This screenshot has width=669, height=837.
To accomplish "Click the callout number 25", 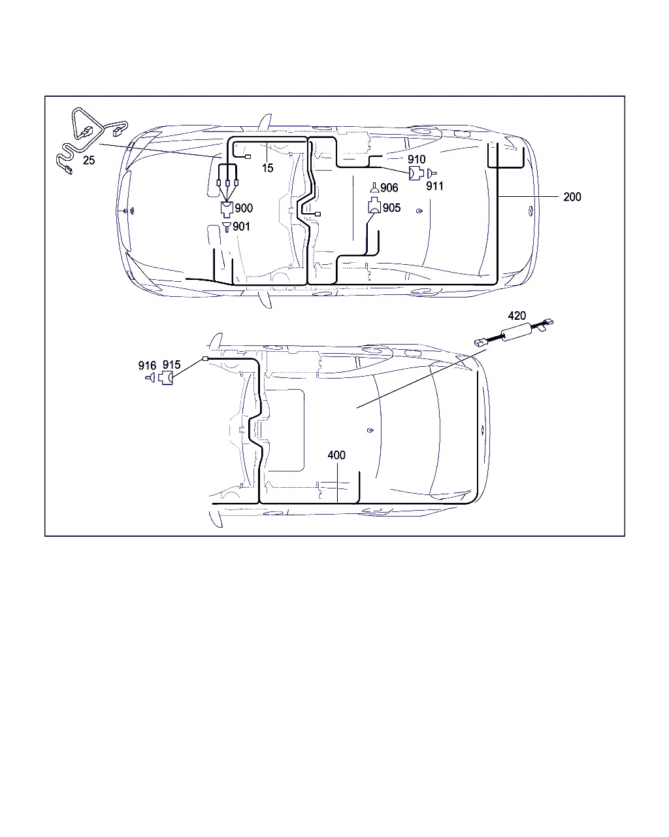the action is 89,160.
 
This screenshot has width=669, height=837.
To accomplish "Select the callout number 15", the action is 267,168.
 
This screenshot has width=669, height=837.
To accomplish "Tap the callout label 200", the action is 572,197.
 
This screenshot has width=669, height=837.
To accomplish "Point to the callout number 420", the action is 517,316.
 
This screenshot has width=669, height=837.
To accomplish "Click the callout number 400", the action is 336,455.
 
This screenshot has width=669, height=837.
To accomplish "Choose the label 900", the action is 244,208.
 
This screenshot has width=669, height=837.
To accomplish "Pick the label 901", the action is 241,226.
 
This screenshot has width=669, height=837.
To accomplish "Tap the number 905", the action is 391,208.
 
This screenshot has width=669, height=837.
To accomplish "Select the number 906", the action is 389,188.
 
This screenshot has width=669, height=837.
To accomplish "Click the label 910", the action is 416,160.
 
